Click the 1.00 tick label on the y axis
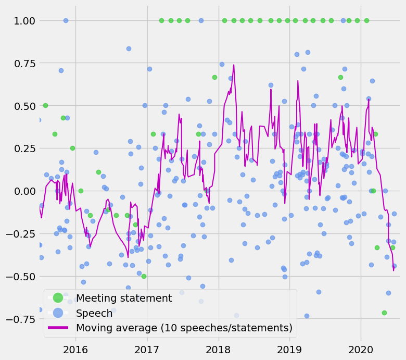point(20,21)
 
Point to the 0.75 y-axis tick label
point(20,64)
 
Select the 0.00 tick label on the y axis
point(20,191)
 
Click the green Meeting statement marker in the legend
point(58,299)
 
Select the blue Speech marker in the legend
point(58,313)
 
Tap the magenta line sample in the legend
point(58,328)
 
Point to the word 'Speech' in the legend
point(94,313)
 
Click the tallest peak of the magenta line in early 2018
point(234,65)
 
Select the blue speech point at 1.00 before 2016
point(66,21)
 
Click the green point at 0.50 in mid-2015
point(45,105)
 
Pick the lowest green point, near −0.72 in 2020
point(384,313)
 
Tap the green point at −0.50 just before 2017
point(144,276)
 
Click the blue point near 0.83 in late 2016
point(129,49)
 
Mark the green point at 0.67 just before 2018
point(214,77)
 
